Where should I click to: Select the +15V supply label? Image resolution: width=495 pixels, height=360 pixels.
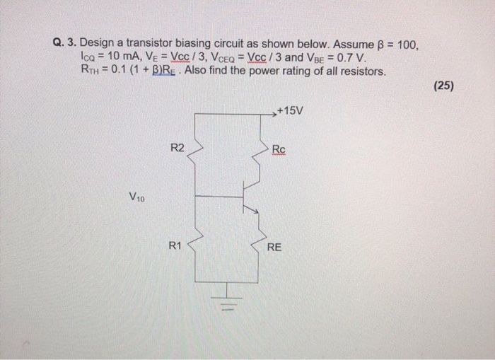(290, 112)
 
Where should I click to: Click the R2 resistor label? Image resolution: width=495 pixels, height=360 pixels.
(177, 148)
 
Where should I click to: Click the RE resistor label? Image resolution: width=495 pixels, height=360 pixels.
(274, 248)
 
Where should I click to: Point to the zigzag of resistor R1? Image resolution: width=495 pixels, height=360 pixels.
(194, 248)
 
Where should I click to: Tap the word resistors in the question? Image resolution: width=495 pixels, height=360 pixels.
(364, 71)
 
